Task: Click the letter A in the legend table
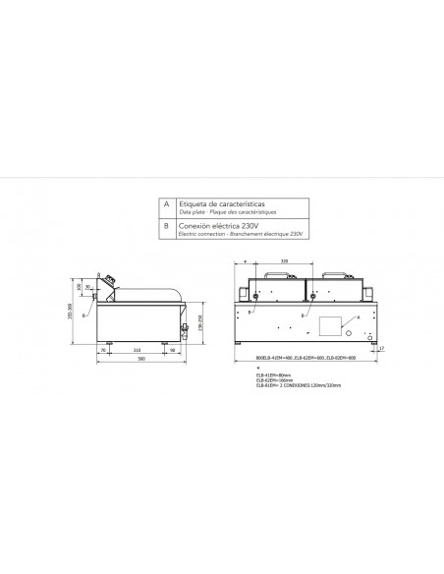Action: (166, 204)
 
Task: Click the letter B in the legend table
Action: (166, 226)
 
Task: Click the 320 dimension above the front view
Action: (284, 261)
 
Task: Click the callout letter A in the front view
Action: (358, 318)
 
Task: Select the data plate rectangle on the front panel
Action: (328, 323)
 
